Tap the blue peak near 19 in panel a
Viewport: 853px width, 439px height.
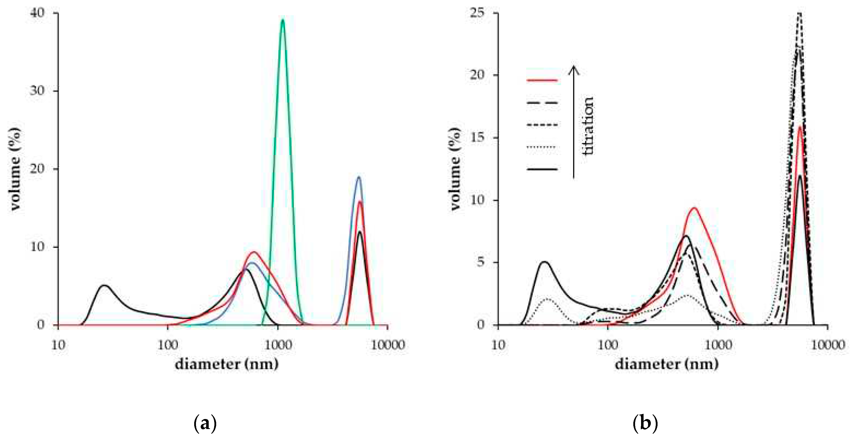359,177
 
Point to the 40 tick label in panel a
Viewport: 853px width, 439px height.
37,13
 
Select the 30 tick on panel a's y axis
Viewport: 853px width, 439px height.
37,91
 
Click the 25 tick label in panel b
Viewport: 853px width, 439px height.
477,13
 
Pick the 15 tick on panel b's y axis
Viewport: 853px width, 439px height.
477,137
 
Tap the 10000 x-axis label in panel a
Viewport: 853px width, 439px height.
387,345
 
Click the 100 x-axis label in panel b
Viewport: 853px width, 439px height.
608,345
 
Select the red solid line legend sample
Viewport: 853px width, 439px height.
542,80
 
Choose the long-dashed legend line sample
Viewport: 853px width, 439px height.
542,103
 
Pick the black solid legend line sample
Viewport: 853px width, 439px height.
542,169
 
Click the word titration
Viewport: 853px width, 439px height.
588,126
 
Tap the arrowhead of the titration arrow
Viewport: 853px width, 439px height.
574,68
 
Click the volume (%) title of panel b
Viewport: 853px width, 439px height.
455,169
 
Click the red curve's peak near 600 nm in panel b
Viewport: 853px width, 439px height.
694,208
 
